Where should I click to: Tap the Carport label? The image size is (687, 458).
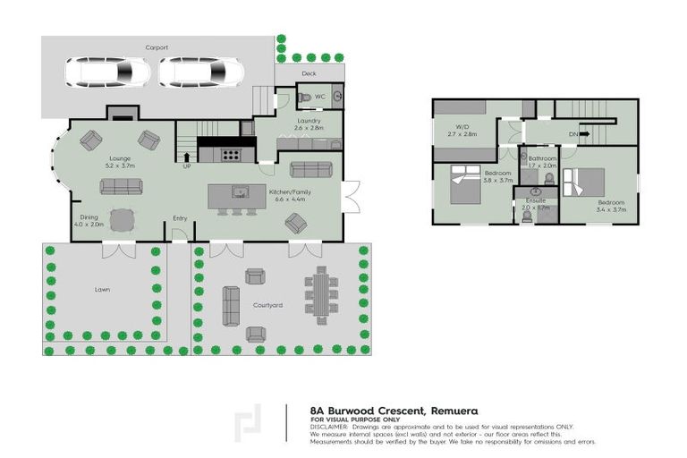[157, 47]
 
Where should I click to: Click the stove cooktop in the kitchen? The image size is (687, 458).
[230, 154]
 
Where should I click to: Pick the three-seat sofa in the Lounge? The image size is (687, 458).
[120, 186]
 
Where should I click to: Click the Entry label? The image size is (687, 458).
[180, 218]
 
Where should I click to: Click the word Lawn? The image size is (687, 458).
[102, 289]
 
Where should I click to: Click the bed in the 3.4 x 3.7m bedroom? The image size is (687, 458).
[582, 184]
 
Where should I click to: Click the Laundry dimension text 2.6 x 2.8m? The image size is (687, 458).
[307, 129]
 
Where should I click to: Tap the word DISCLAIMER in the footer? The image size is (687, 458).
[328, 427]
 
